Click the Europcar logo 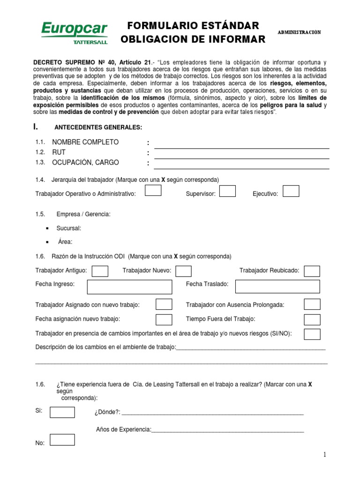75,32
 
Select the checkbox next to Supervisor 227,191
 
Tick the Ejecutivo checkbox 291,191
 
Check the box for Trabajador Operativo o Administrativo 153,190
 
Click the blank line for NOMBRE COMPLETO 241,145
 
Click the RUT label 59,152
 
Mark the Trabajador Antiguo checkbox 100,271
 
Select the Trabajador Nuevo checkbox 183,271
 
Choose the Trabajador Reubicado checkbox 312,271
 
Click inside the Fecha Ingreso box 129,287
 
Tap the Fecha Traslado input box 277,286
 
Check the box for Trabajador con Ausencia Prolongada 312,304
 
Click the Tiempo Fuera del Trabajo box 312,320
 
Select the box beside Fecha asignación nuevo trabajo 164,320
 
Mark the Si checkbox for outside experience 62,412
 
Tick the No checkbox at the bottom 62,440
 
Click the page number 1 324,455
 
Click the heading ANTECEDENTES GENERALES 98,127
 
